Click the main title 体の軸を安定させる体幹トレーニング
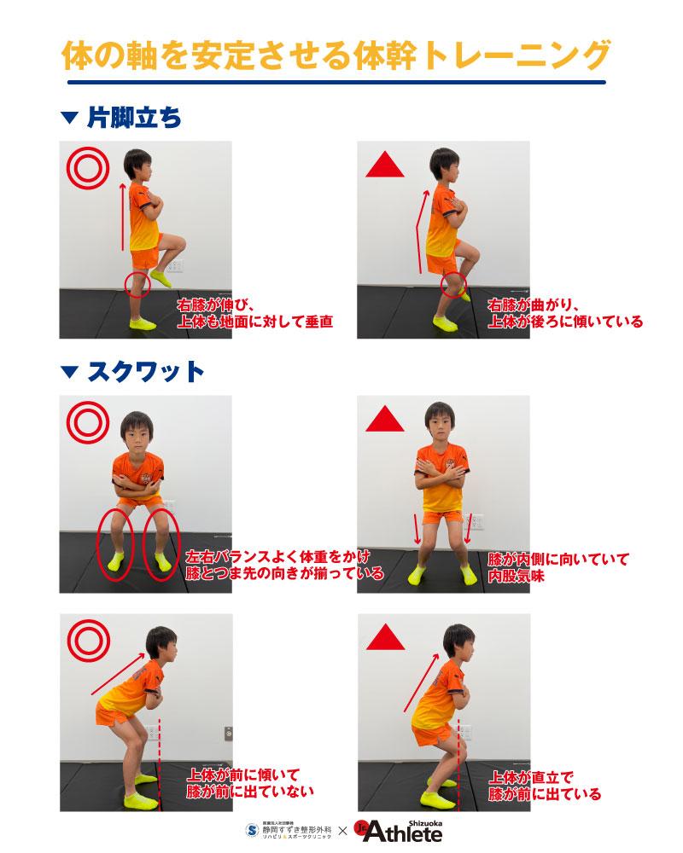click(336, 55)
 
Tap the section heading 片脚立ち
click(134, 118)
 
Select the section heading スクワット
click(145, 372)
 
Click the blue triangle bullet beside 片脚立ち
click(70, 118)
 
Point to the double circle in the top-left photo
click(88, 168)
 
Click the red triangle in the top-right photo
click(385, 165)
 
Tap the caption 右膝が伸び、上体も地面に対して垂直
click(255, 313)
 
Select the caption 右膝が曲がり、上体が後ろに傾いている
click(565, 313)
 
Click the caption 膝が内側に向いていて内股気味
click(558, 567)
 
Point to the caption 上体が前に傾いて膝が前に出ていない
click(250, 783)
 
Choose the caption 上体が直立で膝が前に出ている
click(545, 786)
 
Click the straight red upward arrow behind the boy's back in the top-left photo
click(123, 217)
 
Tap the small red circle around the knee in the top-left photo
click(137, 285)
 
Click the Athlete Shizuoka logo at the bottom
click(399, 831)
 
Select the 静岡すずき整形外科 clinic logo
click(289, 830)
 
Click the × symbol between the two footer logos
click(342, 831)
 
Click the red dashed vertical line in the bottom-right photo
click(458, 763)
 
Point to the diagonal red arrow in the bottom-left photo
click(118, 674)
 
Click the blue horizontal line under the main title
click(336, 82)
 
